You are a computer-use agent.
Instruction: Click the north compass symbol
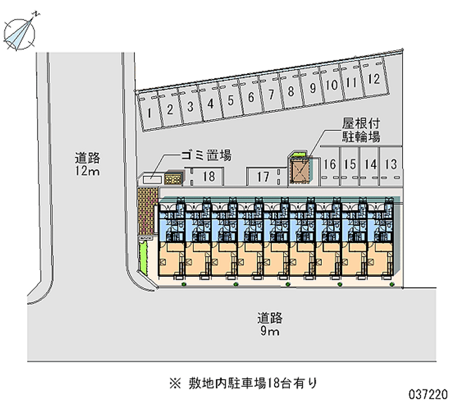pyautogui.click(x=19, y=30)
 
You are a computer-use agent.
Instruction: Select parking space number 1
pyautogui.click(x=149, y=112)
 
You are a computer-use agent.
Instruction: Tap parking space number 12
pyautogui.click(x=372, y=80)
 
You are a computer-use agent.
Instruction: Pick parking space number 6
pyautogui.click(x=250, y=97)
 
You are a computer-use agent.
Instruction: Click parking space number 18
pyautogui.click(x=209, y=177)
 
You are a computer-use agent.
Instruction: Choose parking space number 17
pyautogui.click(x=263, y=177)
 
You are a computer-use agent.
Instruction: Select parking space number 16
pyautogui.click(x=330, y=165)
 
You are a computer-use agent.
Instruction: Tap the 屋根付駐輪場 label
pyautogui.click(x=361, y=129)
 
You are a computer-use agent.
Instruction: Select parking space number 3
pyautogui.click(x=191, y=106)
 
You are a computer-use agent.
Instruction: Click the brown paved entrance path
pyautogui.click(x=148, y=211)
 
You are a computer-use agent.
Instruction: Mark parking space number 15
pyautogui.click(x=350, y=165)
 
